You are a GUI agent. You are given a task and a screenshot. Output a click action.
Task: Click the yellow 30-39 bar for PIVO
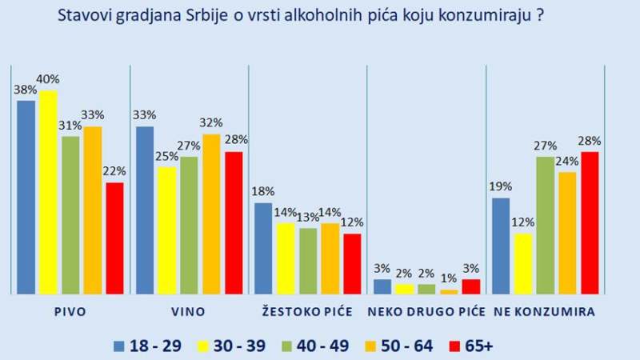point(48,192)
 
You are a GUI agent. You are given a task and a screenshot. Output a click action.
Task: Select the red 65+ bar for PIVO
point(115,238)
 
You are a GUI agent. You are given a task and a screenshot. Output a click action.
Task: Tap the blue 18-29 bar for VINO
point(145,210)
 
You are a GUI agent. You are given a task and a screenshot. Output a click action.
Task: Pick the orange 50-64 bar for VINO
point(211,214)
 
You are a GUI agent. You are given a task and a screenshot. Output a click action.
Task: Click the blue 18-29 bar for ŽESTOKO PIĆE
point(263,248)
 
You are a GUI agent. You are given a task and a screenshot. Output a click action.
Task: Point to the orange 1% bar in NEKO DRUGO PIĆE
point(450,291)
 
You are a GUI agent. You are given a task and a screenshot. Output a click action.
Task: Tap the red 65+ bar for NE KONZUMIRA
point(590,222)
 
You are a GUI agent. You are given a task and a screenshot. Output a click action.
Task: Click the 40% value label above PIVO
point(48,79)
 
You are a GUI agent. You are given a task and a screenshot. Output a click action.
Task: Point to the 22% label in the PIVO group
point(115,171)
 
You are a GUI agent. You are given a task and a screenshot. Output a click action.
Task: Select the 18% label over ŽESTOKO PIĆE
point(263,191)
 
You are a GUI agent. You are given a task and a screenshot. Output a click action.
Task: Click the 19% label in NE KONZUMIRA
point(501,186)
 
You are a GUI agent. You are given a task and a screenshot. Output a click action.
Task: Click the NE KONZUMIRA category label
point(545,311)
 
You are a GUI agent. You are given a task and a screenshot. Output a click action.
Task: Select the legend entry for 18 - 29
point(148,346)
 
